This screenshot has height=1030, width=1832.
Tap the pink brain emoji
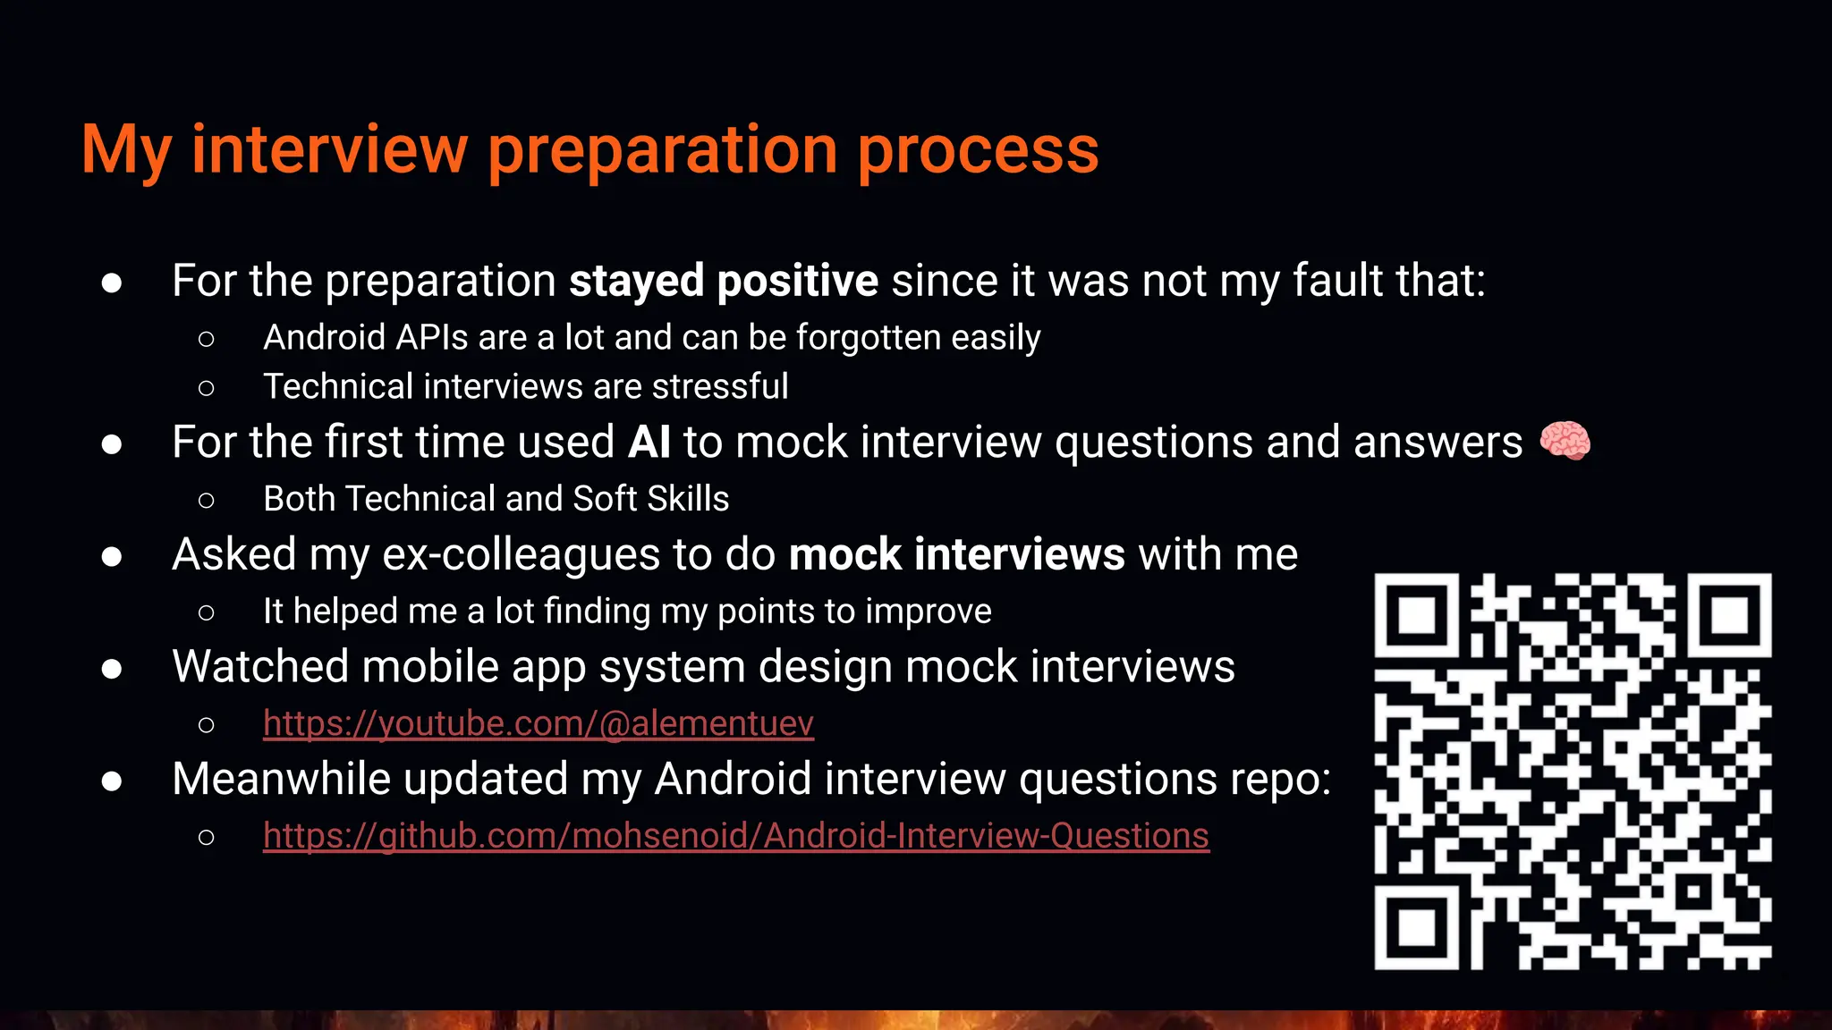point(1565,442)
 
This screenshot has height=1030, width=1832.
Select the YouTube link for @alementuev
point(538,723)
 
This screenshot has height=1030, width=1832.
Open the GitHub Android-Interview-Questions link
point(735,836)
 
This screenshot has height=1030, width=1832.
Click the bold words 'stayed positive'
point(724,282)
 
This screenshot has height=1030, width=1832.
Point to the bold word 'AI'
point(649,443)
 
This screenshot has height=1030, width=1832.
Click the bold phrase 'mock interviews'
point(956,554)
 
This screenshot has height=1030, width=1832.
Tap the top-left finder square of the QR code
point(1417,616)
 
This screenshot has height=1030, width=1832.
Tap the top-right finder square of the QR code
point(1729,616)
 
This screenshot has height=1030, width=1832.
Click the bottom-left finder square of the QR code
point(1417,927)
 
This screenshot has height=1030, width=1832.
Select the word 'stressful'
point(720,387)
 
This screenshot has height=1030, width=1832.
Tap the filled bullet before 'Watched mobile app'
point(112,669)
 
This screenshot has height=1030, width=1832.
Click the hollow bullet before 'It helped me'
point(206,612)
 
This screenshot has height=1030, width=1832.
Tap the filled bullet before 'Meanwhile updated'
point(112,781)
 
